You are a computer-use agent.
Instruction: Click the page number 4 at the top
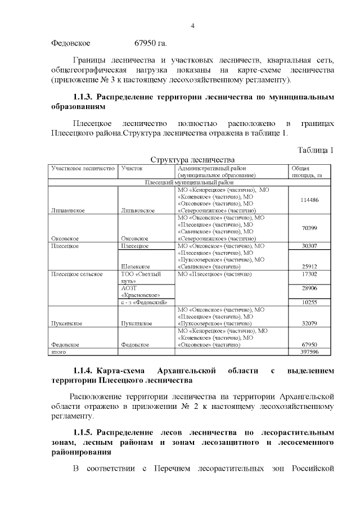pyautogui.click(x=192, y=25)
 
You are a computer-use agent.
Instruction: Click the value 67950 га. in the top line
pyautogui.click(x=150, y=43)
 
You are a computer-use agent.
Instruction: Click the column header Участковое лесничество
pyautogui.click(x=83, y=168)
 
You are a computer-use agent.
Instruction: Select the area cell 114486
pyautogui.click(x=309, y=200)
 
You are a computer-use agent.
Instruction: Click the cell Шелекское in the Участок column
pyautogui.click(x=135, y=266)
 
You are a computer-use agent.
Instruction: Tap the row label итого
pyautogui.click(x=58, y=352)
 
